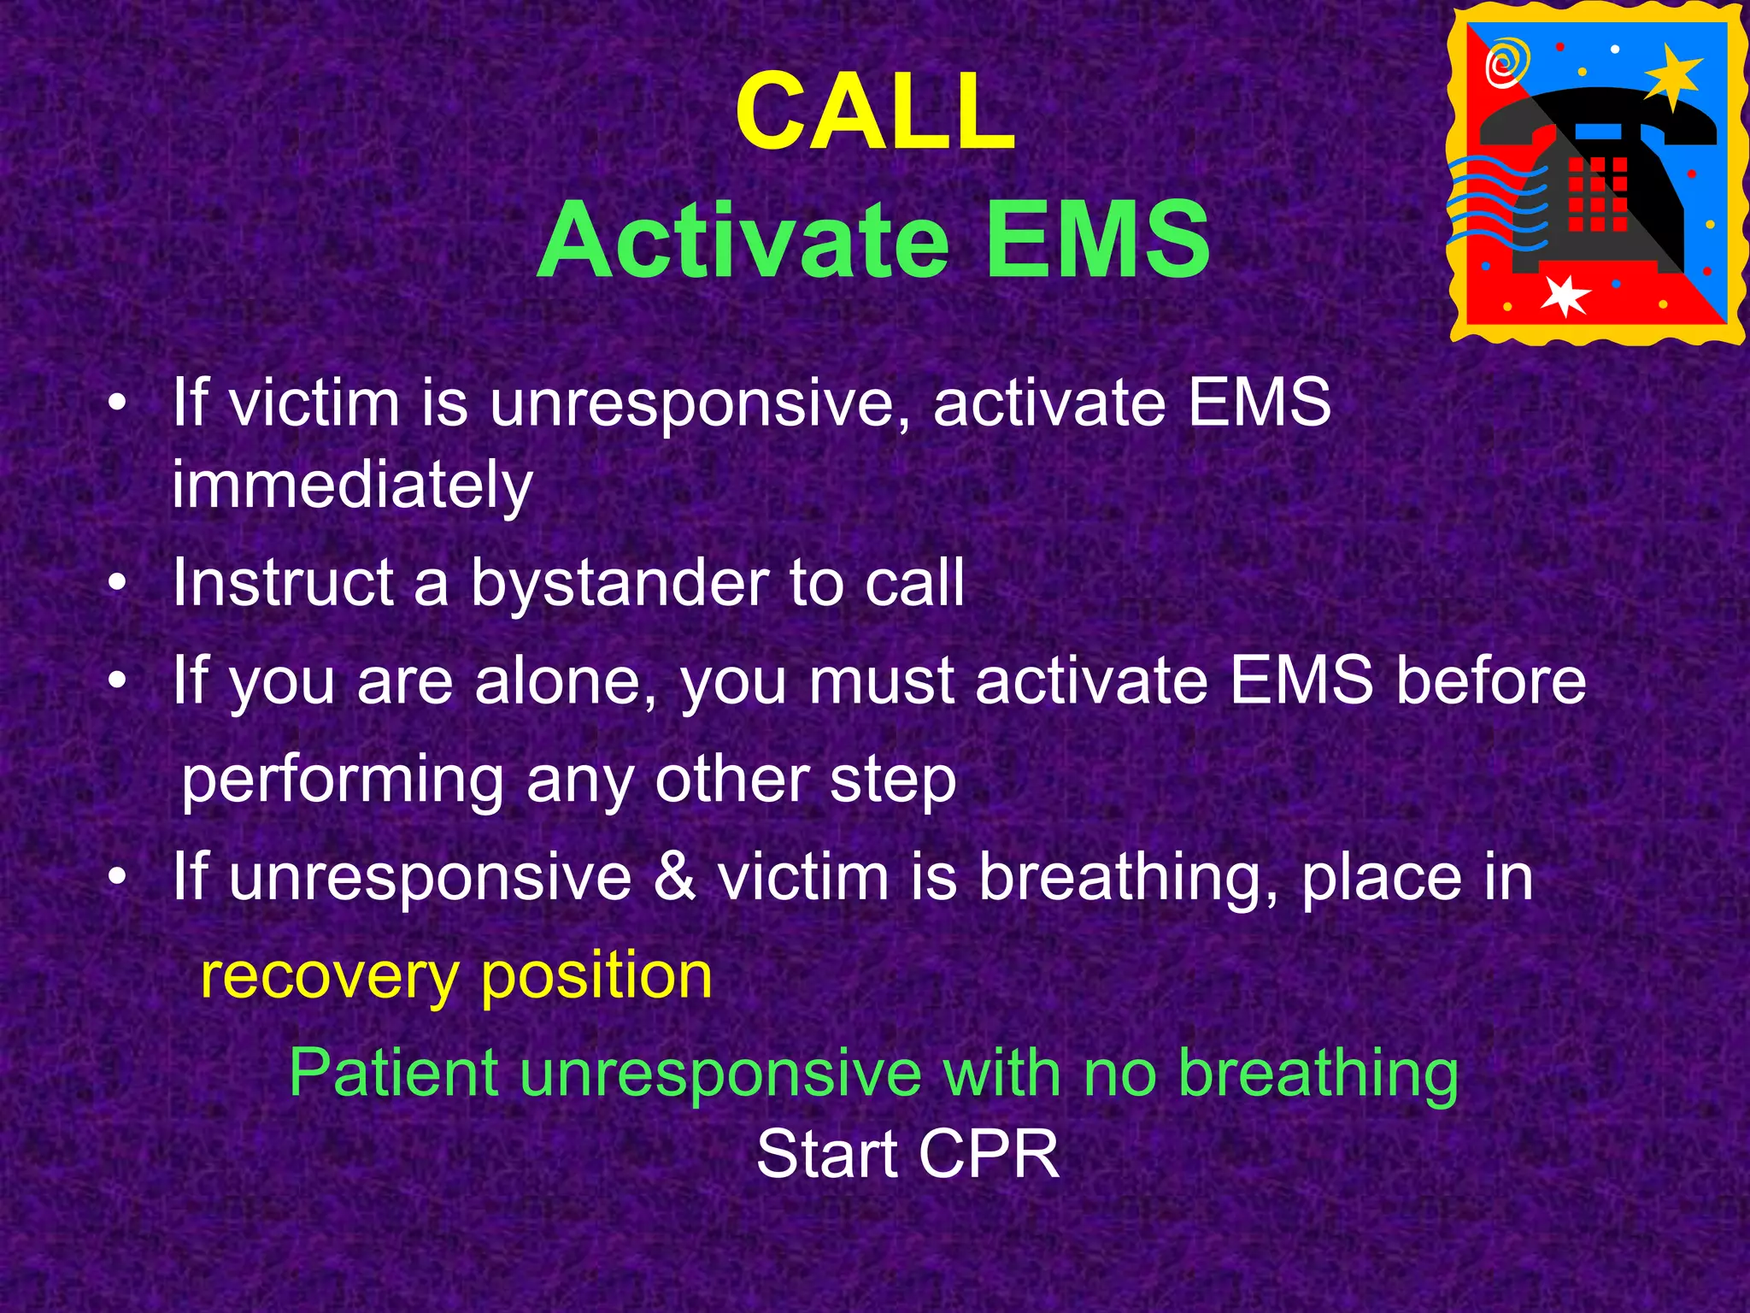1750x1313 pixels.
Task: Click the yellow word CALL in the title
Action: [x=875, y=112]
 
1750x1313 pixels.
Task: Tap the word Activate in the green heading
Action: [x=743, y=240]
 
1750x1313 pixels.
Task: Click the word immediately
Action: [x=352, y=486]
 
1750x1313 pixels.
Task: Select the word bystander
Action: [x=620, y=583]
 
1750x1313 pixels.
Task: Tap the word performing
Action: [x=343, y=780]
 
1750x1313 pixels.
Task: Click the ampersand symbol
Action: [x=674, y=877]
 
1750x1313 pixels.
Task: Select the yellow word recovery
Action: [x=329, y=976]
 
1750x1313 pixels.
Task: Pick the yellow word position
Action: [x=596, y=976]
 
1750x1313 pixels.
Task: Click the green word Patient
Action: [x=394, y=1074]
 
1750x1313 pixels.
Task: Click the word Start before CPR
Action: [x=826, y=1155]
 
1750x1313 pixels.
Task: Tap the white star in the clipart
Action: [x=1565, y=296]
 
